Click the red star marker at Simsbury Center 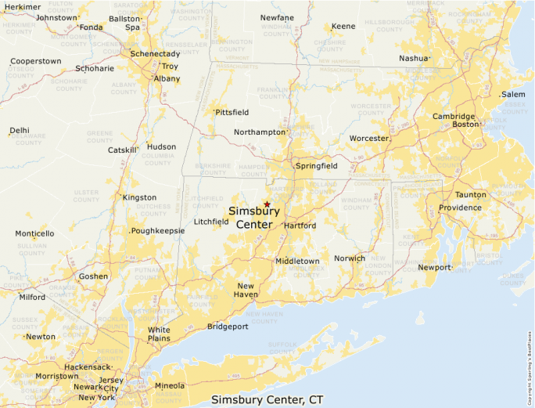click(267, 204)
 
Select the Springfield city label click(316, 166)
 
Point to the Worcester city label click(368, 139)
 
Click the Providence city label click(460, 208)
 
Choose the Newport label click(435, 268)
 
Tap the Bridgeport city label click(228, 326)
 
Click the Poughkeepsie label click(158, 231)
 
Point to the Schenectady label click(155, 54)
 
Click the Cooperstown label click(35, 61)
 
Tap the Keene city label click(343, 27)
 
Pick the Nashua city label click(414, 58)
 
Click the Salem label click(513, 94)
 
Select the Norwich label click(350, 258)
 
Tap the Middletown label click(297, 261)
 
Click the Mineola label click(170, 385)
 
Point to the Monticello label click(34, 233)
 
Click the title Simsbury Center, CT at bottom click(267, 400)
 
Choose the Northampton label click(260, 132)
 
